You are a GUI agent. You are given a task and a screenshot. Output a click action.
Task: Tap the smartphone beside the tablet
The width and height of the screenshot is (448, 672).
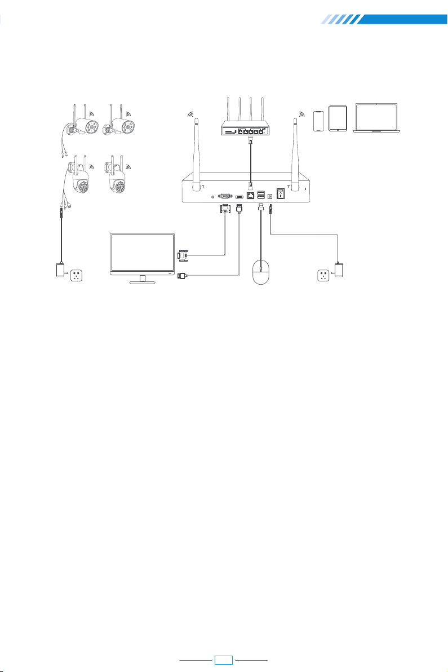click(319, 120)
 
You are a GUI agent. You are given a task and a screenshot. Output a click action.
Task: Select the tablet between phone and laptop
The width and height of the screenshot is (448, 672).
click(337, 119)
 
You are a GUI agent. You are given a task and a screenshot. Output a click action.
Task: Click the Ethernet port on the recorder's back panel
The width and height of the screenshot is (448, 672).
click(251, 195)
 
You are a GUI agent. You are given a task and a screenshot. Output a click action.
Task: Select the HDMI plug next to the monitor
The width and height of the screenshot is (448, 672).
click(183, 276)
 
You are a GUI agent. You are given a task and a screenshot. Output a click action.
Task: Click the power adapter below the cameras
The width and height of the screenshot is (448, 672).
click(60, 271)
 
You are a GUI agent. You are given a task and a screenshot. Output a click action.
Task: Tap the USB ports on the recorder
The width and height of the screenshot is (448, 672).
click(261, 195)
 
